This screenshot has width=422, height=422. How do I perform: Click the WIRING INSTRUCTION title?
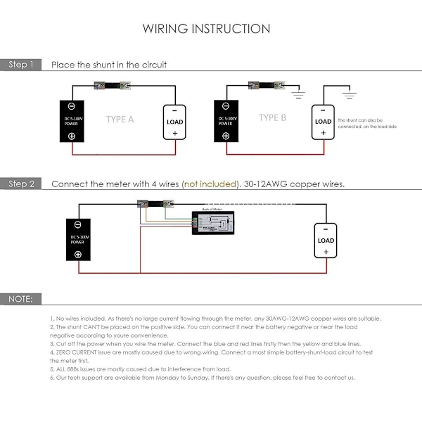206,29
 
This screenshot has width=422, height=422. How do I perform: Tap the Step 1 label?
21,65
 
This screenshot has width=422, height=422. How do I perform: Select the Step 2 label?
21,184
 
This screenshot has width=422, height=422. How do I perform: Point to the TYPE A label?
120,120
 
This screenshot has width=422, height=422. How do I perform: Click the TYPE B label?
272,118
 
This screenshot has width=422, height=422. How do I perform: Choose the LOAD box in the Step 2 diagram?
326,240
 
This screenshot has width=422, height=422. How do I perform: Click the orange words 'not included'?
210,184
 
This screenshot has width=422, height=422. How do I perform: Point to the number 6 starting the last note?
51,378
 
